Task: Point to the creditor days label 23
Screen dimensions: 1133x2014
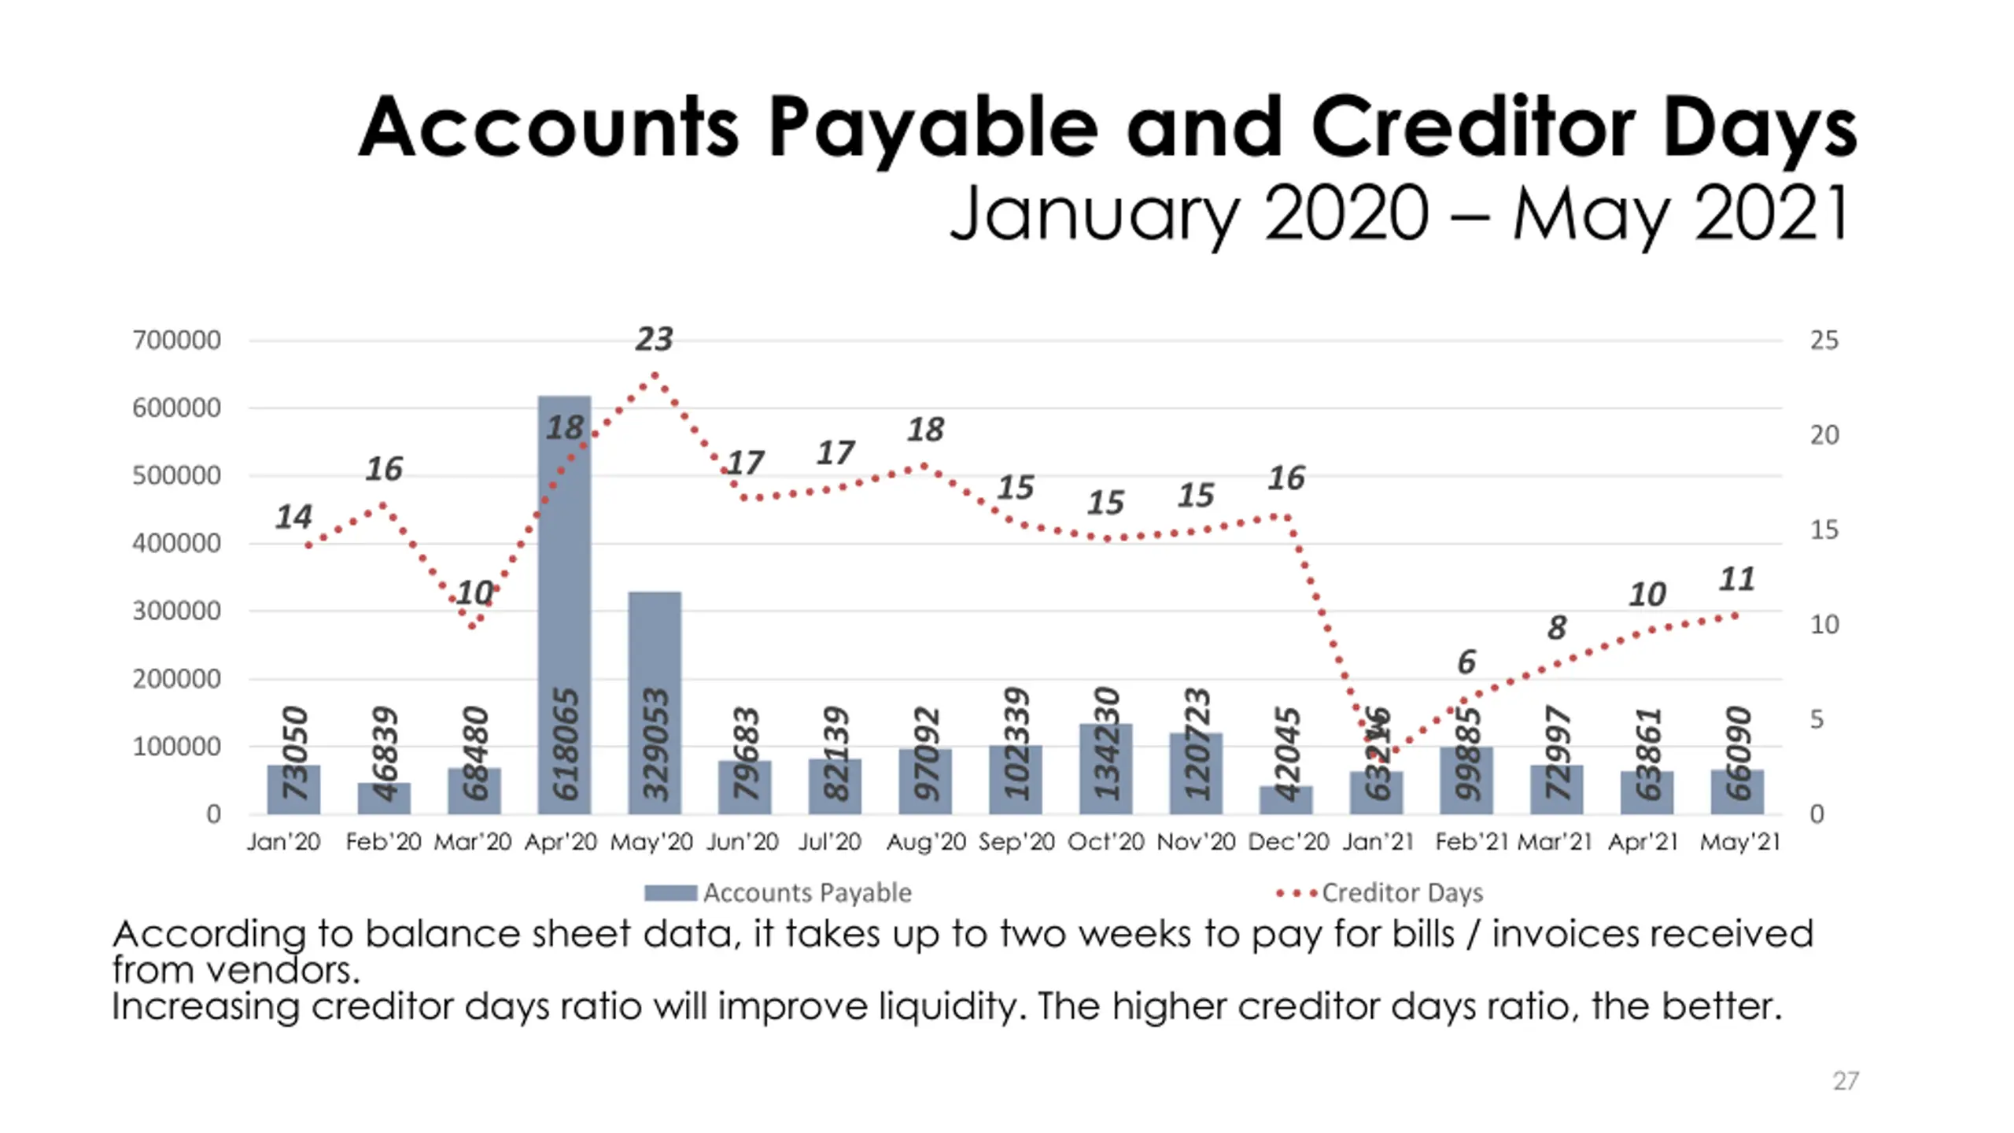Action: point(654,339)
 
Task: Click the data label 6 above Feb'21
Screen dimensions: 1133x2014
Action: point(1466,662)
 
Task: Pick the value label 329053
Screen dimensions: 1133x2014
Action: point(655,744)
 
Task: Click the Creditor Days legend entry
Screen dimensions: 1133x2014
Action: point(1380,893)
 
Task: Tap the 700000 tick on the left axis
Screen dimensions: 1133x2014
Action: point(177,341)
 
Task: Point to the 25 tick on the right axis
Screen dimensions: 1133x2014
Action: point(1824,341)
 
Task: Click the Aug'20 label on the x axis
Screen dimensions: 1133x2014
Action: point(925,842)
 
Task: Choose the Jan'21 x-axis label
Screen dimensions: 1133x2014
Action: point(1378,842)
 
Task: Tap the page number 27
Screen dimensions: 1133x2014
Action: point(1846,1081)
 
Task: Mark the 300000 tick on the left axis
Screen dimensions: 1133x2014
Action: point(177,611)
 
